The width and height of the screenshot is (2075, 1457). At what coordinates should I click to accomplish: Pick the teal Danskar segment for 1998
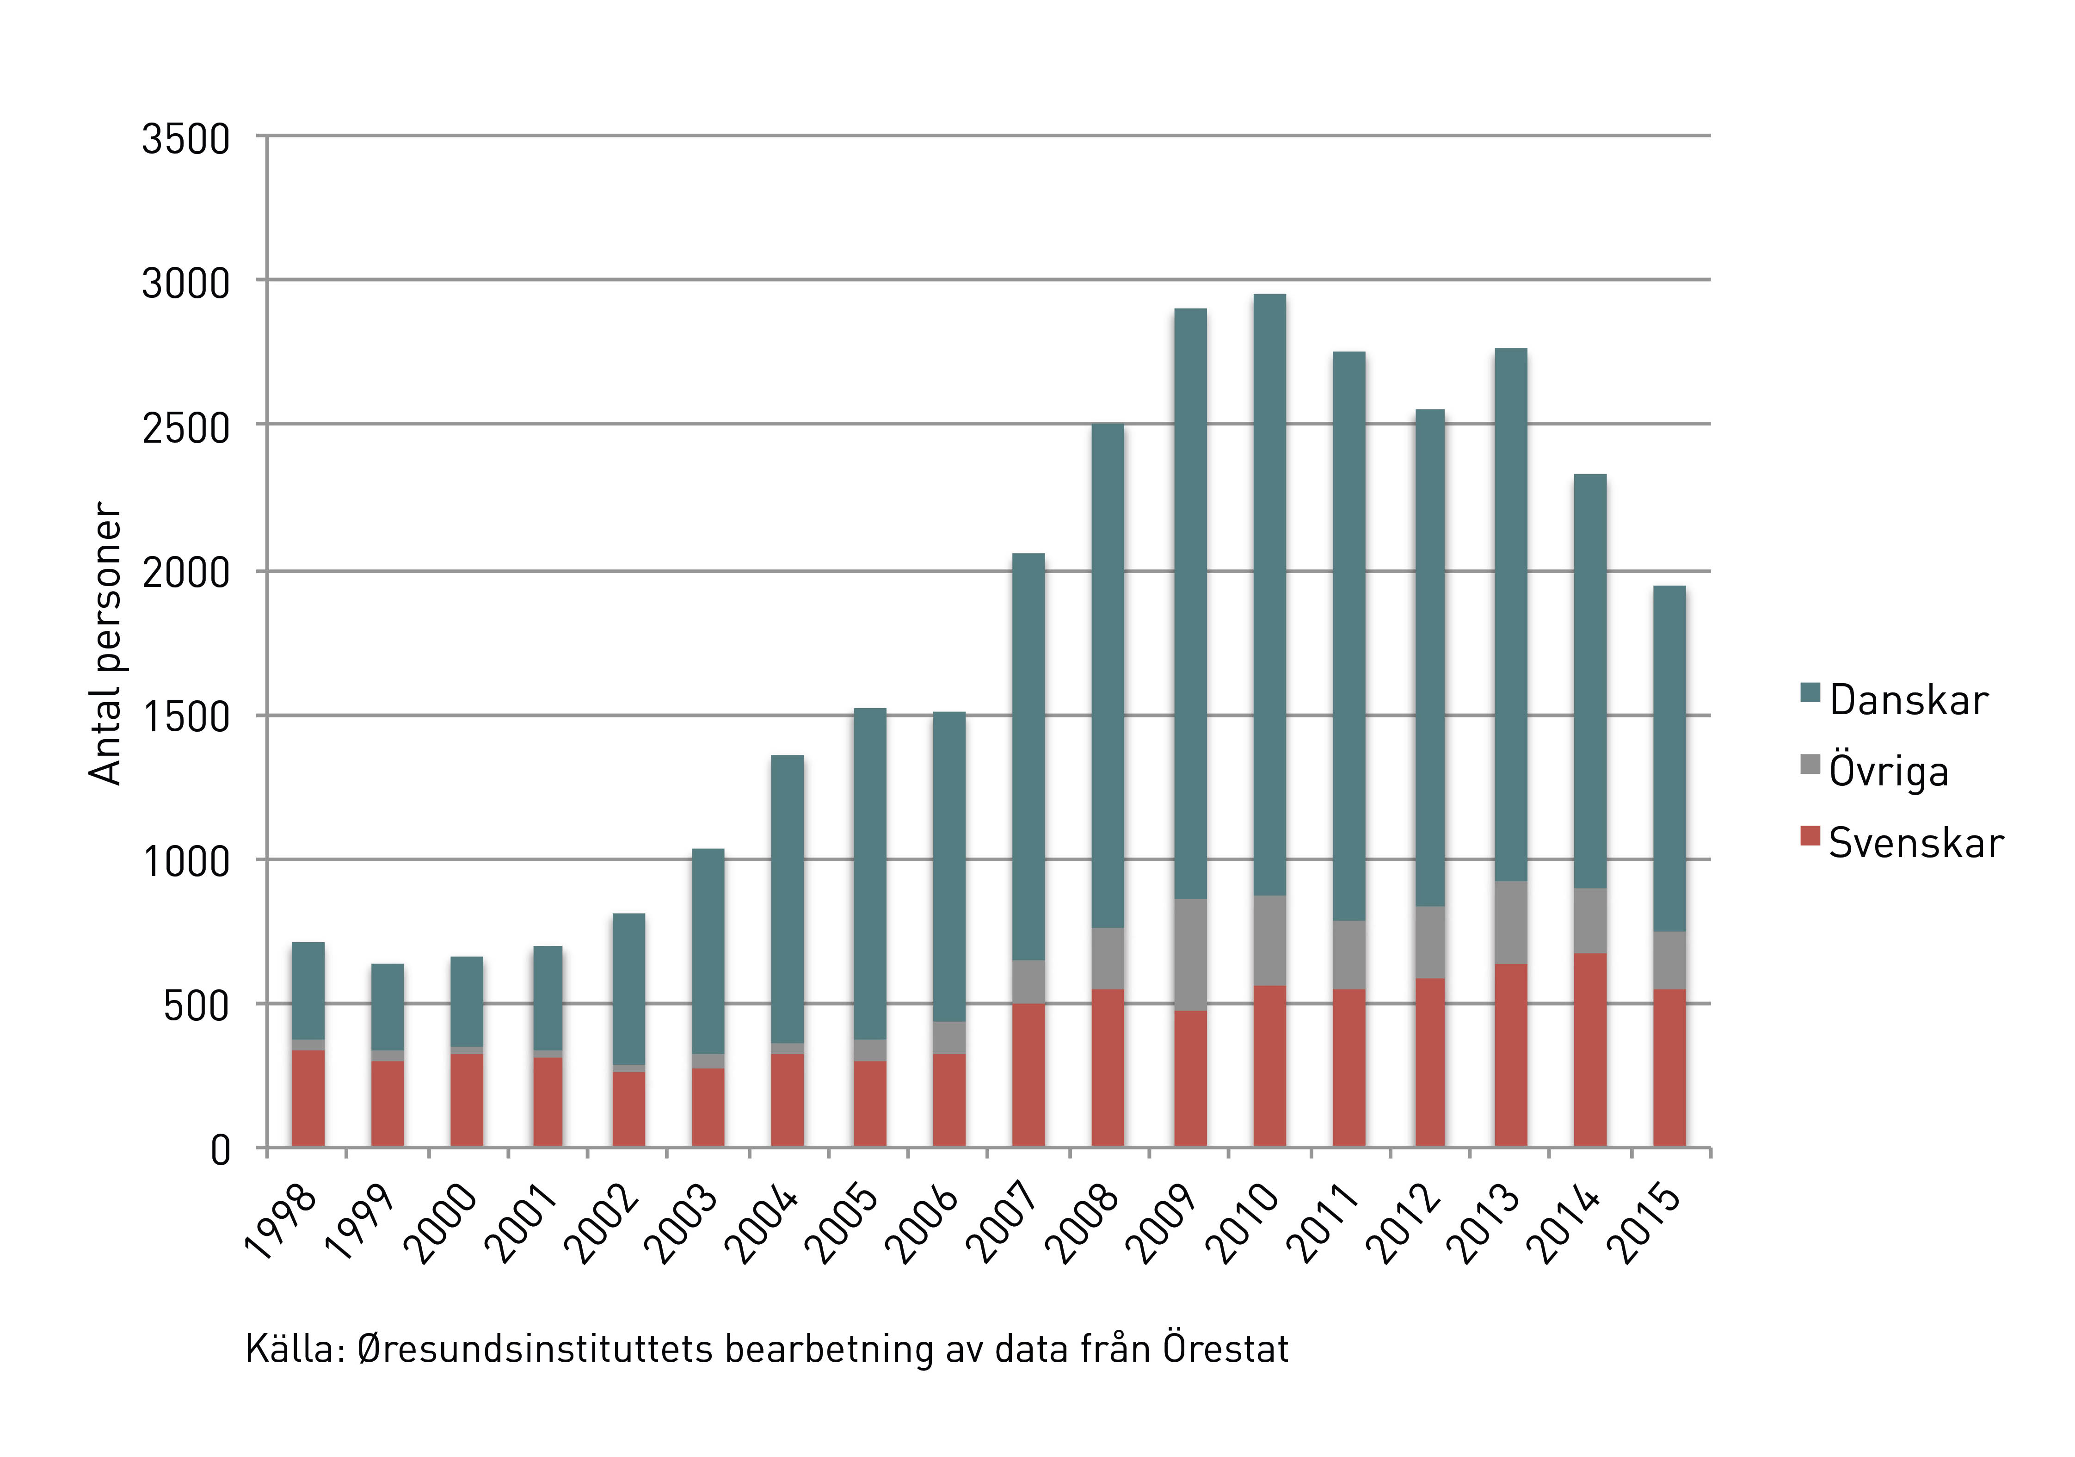click(308, 991)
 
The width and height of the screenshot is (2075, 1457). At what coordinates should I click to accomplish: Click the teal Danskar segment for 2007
click(1028, 757)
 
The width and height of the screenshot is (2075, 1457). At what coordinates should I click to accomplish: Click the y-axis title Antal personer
click(106, 643)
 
